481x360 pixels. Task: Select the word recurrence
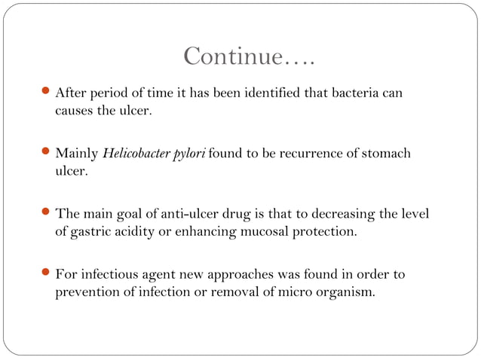[291, 154]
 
